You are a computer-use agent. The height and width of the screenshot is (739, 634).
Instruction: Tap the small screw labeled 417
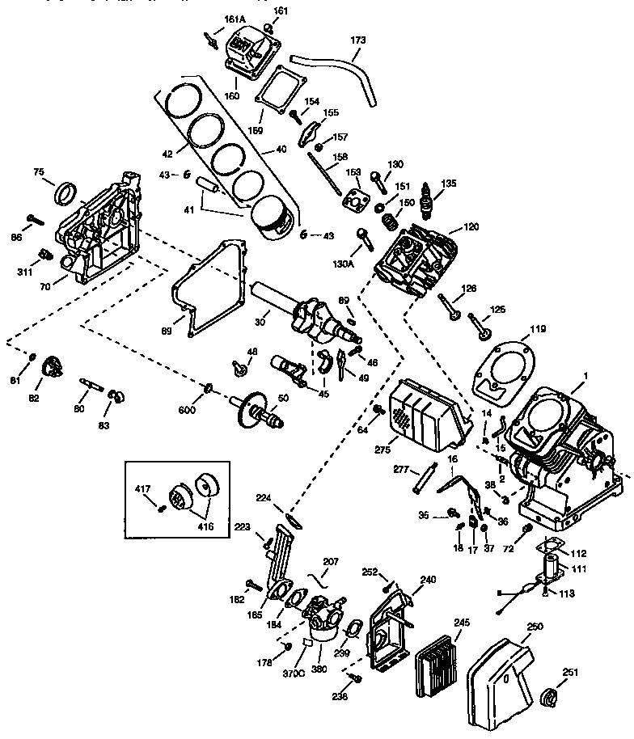[x=162, y=506]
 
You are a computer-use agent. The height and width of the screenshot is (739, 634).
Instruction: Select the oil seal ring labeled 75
[x=66, y=195]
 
